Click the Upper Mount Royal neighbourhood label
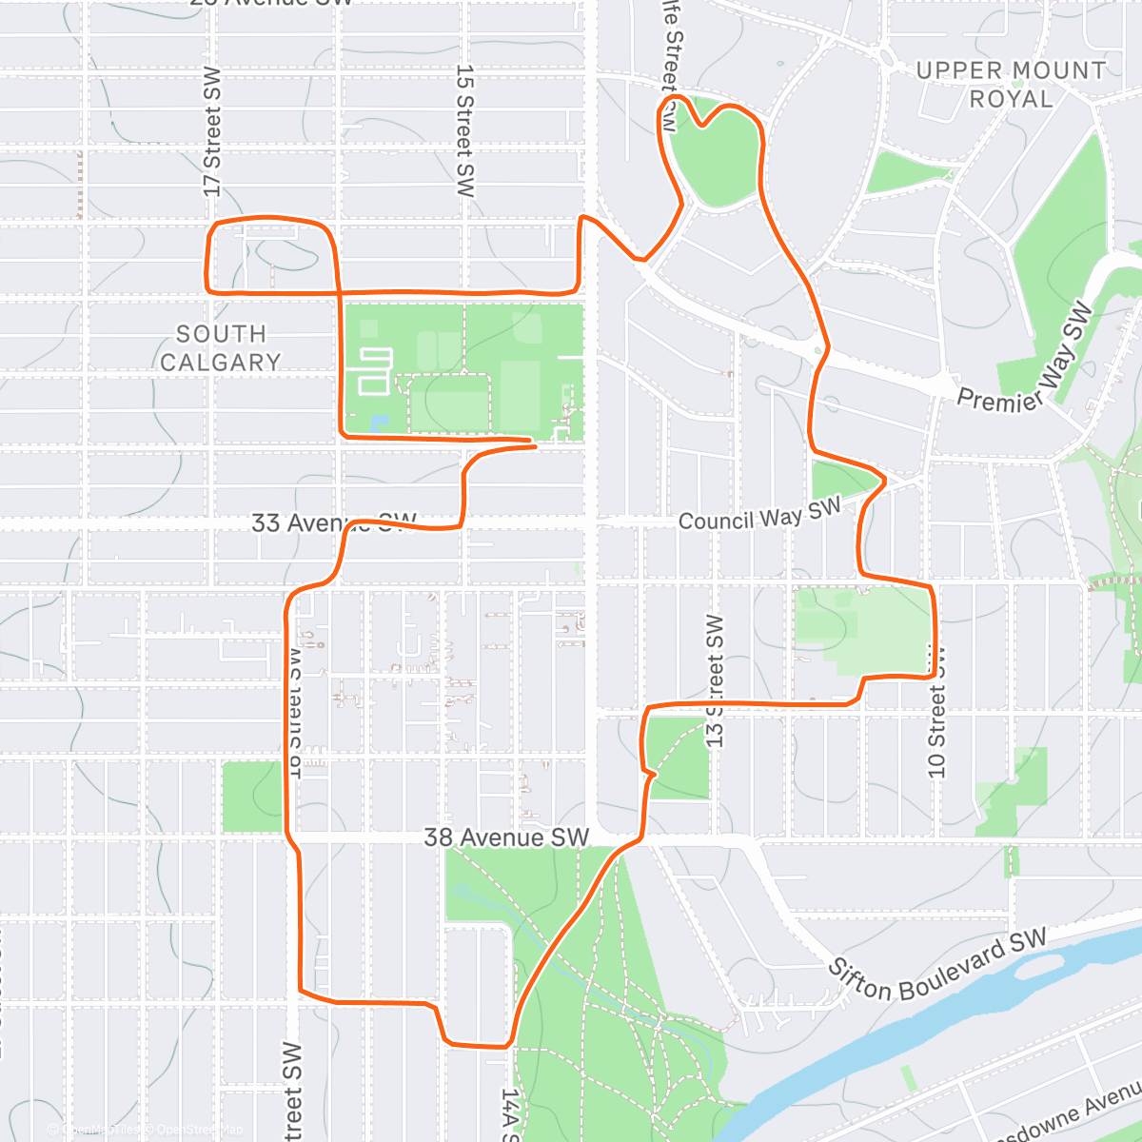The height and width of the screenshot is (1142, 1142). coord(1011,85)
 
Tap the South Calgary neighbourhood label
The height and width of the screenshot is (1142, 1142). coord(221,348)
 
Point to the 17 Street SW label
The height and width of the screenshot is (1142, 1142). coord(212,132)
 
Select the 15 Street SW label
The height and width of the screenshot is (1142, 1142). coord(464,130)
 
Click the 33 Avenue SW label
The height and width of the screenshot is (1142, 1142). coord(333,522)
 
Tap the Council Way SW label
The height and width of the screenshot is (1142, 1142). coord(759,514)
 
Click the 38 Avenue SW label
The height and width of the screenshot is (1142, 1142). coord(506,837)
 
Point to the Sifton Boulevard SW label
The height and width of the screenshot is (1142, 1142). coord(937,963)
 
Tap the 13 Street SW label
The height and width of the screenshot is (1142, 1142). coord(716,680)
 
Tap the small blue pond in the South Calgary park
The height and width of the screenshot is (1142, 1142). coord(380,423)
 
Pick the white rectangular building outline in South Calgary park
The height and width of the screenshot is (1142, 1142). coord(374,370)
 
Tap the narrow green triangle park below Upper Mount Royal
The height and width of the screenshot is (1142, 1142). coord(904,172)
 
